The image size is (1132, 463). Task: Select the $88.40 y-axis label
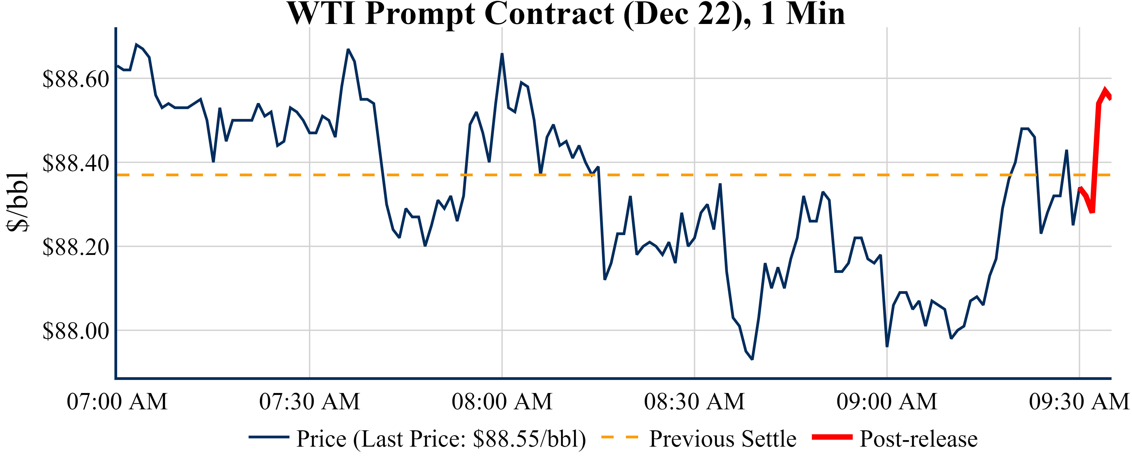(x=75, y=163)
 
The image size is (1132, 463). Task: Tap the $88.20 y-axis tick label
(x=75, y=247)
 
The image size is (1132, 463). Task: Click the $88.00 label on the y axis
(x=75, y=331)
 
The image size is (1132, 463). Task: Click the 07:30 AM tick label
(x=309, y=401)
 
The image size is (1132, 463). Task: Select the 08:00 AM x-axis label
(x=502, y=401)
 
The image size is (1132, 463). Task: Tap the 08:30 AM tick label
(x=694, y=401)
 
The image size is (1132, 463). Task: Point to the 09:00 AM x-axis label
(x=887, y=401)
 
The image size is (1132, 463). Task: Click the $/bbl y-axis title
(x=18, y=202)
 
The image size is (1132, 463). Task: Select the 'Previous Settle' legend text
(x=723, y=439)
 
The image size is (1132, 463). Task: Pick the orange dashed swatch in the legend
(x=619, y=437)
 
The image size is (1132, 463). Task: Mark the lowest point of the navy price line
(x=752, y=359)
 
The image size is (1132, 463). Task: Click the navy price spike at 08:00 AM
(x=502, y=54)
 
